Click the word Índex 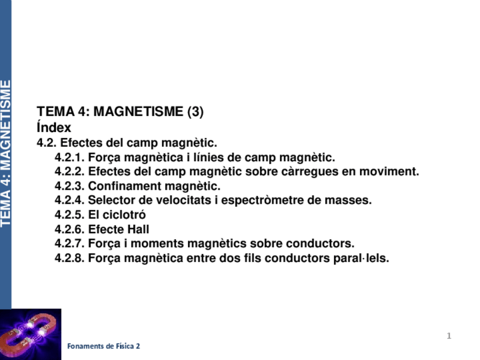(x=54, y=128)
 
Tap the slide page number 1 (x=449, y=336)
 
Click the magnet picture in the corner (x=31, y=334)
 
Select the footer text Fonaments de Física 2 (x=104, y=346)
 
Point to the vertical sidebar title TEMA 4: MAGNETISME (x=6, y=153)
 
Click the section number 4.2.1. (x=70, y=157)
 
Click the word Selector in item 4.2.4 (x=109, y=200)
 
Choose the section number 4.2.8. (x=70, y=259)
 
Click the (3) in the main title (x=195, y=112)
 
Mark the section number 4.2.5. (x=70, y=215)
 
